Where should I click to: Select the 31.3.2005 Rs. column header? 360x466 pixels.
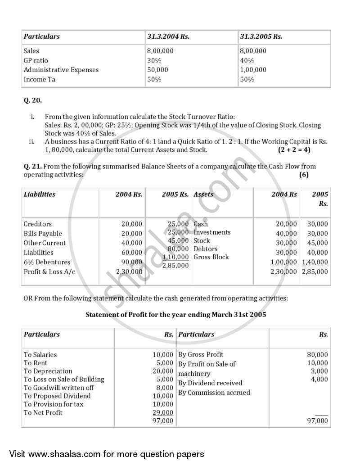tap(261, 36)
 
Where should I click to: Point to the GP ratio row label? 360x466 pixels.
tap(36, 60)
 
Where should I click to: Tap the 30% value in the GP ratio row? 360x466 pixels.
tap(154, 60)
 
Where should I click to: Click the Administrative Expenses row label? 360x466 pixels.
tap(61, 70)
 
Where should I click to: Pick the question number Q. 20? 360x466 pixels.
tap(32, 100)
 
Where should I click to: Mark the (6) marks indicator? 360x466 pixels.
tap(304, 175)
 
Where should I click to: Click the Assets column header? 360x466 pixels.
tap(203, 195)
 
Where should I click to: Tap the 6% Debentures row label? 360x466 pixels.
tap(47, 262)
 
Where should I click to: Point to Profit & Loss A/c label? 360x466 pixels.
tap(49, 271)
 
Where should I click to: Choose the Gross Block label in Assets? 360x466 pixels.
tap(211, 257)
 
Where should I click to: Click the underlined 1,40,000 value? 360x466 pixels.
tap(315, 262)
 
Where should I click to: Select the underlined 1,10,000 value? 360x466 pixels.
tap(175, 257)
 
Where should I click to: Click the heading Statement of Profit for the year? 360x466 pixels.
tap(175, 315)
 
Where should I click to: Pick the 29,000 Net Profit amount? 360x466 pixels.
tap(163, 412)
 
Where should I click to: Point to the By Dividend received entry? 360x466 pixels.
tap(210, 383)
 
